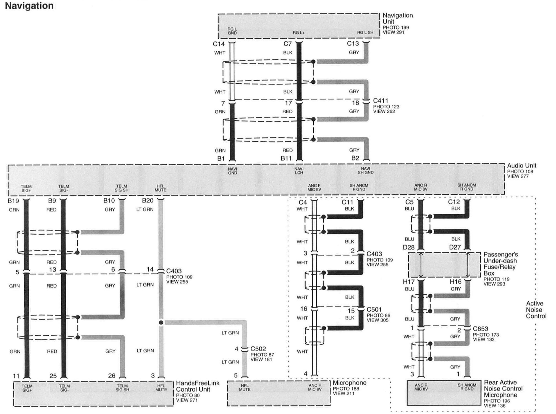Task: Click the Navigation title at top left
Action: pos(29,6)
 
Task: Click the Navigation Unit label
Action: pos(398,18)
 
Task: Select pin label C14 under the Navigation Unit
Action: pos(219,44)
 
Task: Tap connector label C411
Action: pos(380,101)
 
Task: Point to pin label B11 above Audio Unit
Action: pos(286,158)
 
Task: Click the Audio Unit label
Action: pos(522,165)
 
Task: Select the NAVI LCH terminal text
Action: pos(299,171)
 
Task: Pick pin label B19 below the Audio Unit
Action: pos(13,201)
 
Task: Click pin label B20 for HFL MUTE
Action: pos(147,200)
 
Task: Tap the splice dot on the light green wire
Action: pos(161,322)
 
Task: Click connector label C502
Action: pos(258,349)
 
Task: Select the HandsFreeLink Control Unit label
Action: pos(197,386)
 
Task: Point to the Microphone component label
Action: pos(349,383)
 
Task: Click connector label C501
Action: pos(374,309)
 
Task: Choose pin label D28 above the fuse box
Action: pos(409,247)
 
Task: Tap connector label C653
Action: pos(480,329)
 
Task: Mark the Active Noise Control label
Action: pos(536,310)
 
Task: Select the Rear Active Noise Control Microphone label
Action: pos(503,389)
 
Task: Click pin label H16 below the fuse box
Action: pos(455,282)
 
